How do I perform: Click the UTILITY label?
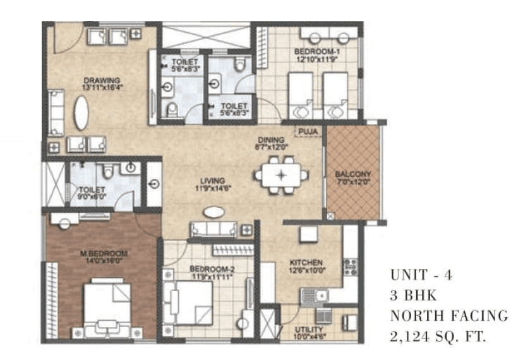(309, 330)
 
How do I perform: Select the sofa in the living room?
(213, 230)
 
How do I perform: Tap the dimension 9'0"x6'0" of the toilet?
(87, 197)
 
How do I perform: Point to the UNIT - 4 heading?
(421, 275)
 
